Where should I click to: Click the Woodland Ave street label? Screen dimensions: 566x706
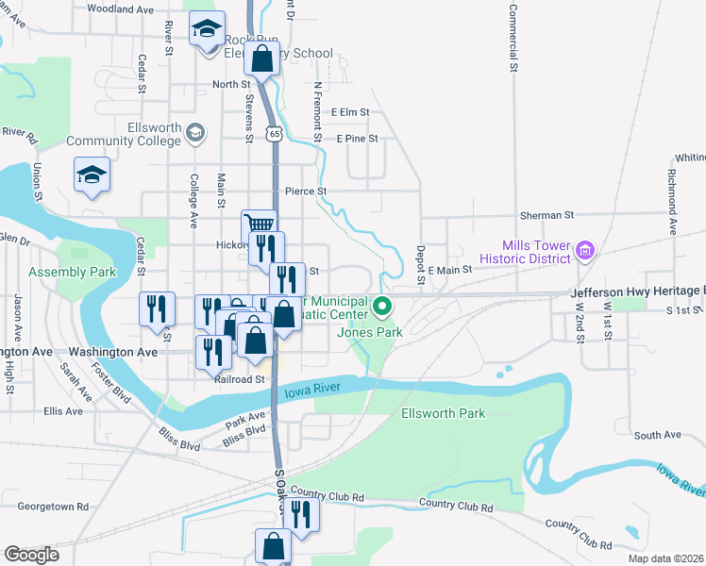pos(120,8)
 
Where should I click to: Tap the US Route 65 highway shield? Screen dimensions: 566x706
pos(273,135)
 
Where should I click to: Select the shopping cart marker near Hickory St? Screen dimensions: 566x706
pos(259,225)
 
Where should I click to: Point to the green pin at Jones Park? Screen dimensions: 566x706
pos(382,307)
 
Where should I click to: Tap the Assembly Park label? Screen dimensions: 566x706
pos(72,273)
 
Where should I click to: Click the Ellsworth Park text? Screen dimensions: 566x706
pos(443,413)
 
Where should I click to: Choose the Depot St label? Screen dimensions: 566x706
pos(420,265)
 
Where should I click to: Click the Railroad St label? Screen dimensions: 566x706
pos(238,379)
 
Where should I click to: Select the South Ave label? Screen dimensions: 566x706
pos(658,435)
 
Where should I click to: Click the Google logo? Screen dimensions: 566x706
pos(31,555)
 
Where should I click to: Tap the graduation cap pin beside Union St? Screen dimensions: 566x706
pos(92,175)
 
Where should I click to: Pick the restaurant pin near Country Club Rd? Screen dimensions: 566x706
pos(301,514)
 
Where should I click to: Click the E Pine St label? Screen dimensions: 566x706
pos(357,139)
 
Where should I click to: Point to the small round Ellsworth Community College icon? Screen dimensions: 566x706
pos(195,131)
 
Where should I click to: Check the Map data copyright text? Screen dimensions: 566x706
pos(665,558)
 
